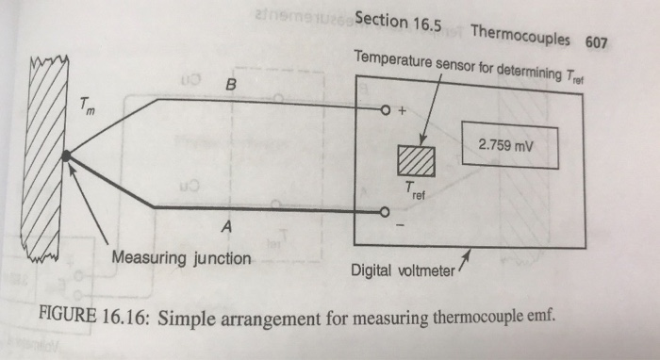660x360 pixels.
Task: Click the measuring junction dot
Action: tap(65, 155)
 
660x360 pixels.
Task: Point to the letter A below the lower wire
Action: tap(225, 227)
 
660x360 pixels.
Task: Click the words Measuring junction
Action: tap(181, 257)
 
